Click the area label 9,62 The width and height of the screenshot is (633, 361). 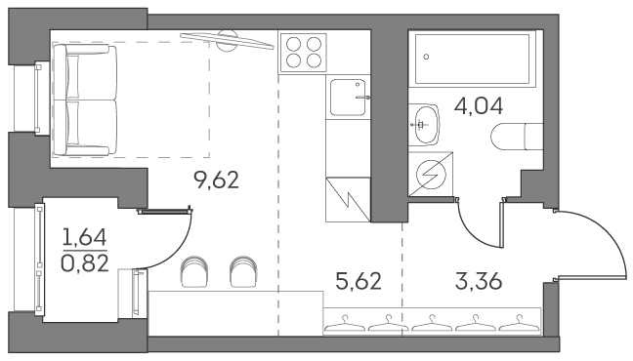coord(217,180)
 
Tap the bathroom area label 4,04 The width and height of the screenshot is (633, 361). coord(479,106)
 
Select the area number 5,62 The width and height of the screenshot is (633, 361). coord(359,281)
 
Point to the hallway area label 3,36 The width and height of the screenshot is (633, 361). coord(479,281)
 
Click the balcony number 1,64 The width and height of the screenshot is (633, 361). coord(85,237)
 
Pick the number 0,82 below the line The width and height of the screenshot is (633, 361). coord(85,263)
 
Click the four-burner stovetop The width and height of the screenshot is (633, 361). coord(303,53)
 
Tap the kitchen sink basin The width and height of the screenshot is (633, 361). coord(348,98)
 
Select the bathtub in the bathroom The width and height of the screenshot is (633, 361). coord(472,60)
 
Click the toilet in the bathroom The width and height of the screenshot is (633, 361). coord(517,137)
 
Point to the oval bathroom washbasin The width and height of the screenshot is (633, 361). coord(426,125)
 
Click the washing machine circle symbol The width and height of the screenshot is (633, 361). coord(431,175)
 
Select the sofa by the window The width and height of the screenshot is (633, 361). coord(85,100)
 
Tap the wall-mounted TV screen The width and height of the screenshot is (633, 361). coord(227,41)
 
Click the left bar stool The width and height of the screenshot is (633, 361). coord(194,272)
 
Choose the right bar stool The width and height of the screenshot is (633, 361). coord(243,272)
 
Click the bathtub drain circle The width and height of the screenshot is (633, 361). coord(426,57)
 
